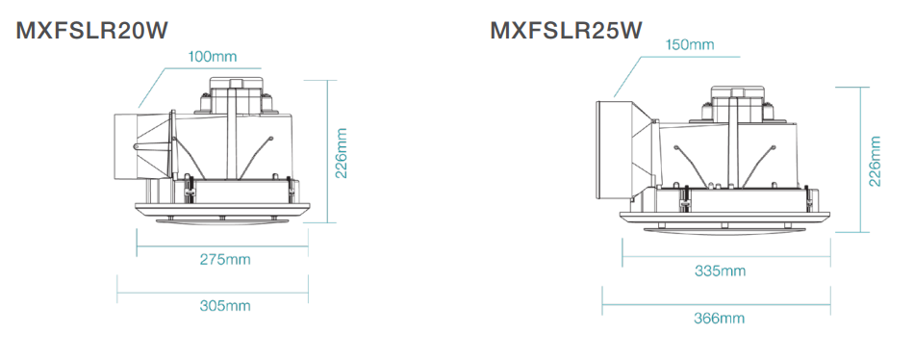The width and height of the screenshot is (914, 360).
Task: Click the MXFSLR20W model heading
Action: [91, 31]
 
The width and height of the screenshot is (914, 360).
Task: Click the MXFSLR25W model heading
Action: [566, 31]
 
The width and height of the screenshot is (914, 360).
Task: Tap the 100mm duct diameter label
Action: [213, 57]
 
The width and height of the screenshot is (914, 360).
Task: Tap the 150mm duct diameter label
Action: [690, 45]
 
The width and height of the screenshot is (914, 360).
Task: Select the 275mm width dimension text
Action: [225, 259]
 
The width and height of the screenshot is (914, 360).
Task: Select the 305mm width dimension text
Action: [225, 305]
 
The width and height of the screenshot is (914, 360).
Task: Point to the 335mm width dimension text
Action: [720, 270]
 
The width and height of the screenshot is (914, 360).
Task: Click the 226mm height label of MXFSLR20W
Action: [341, 153]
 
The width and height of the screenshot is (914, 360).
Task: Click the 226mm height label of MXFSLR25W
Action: [875, 161]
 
